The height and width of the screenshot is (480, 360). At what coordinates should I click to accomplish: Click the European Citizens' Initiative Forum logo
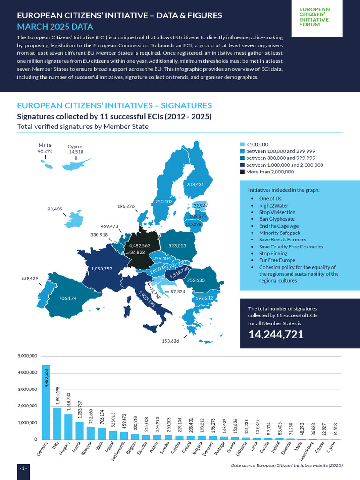click(314, 17)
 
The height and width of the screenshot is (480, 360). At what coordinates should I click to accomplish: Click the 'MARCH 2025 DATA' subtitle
click(55, 26)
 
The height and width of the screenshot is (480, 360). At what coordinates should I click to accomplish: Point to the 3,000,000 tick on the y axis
click(27, 390)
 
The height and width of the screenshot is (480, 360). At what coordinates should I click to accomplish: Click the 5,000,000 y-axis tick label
click(27, 356)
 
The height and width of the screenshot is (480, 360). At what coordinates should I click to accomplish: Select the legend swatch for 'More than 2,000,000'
click(242, 172)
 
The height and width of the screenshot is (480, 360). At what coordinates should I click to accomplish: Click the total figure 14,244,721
click(276, 334)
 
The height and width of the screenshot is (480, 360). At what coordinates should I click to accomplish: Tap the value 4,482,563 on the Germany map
click(140, 245)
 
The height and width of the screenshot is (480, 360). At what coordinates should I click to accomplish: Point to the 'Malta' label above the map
click(45, 145)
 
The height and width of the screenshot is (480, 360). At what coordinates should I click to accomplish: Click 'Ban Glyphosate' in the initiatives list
click(277, 219)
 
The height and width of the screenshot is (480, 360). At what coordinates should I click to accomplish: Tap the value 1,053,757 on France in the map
click(99, 269)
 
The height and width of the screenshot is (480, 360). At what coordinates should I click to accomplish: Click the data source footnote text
click(287, 466)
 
